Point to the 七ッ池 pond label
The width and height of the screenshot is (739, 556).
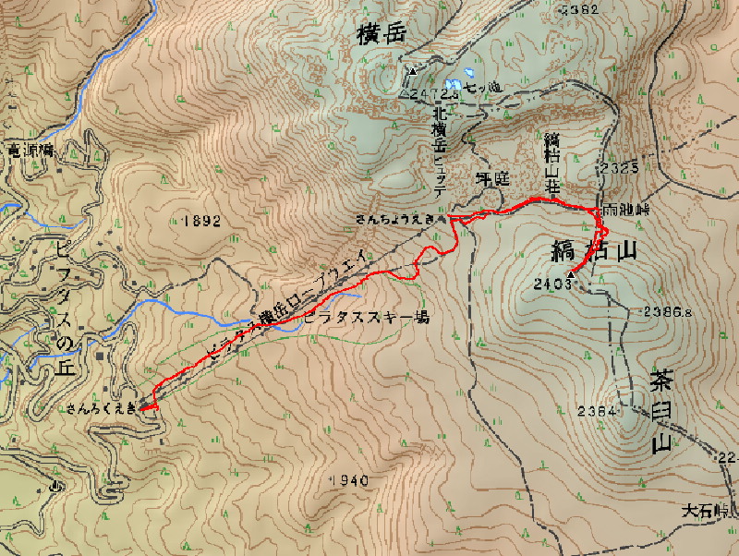pyautogui.click(x=482, y=87)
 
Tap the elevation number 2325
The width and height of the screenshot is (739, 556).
pyautogui.click(x=618, y=168)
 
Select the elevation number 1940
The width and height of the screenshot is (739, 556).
pyautogui.click(x=349, y=480)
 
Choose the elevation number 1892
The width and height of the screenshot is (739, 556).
pyautogui.click(x=203, y=221)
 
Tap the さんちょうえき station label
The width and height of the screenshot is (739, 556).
pyautogui.click(x=395, y=219)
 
